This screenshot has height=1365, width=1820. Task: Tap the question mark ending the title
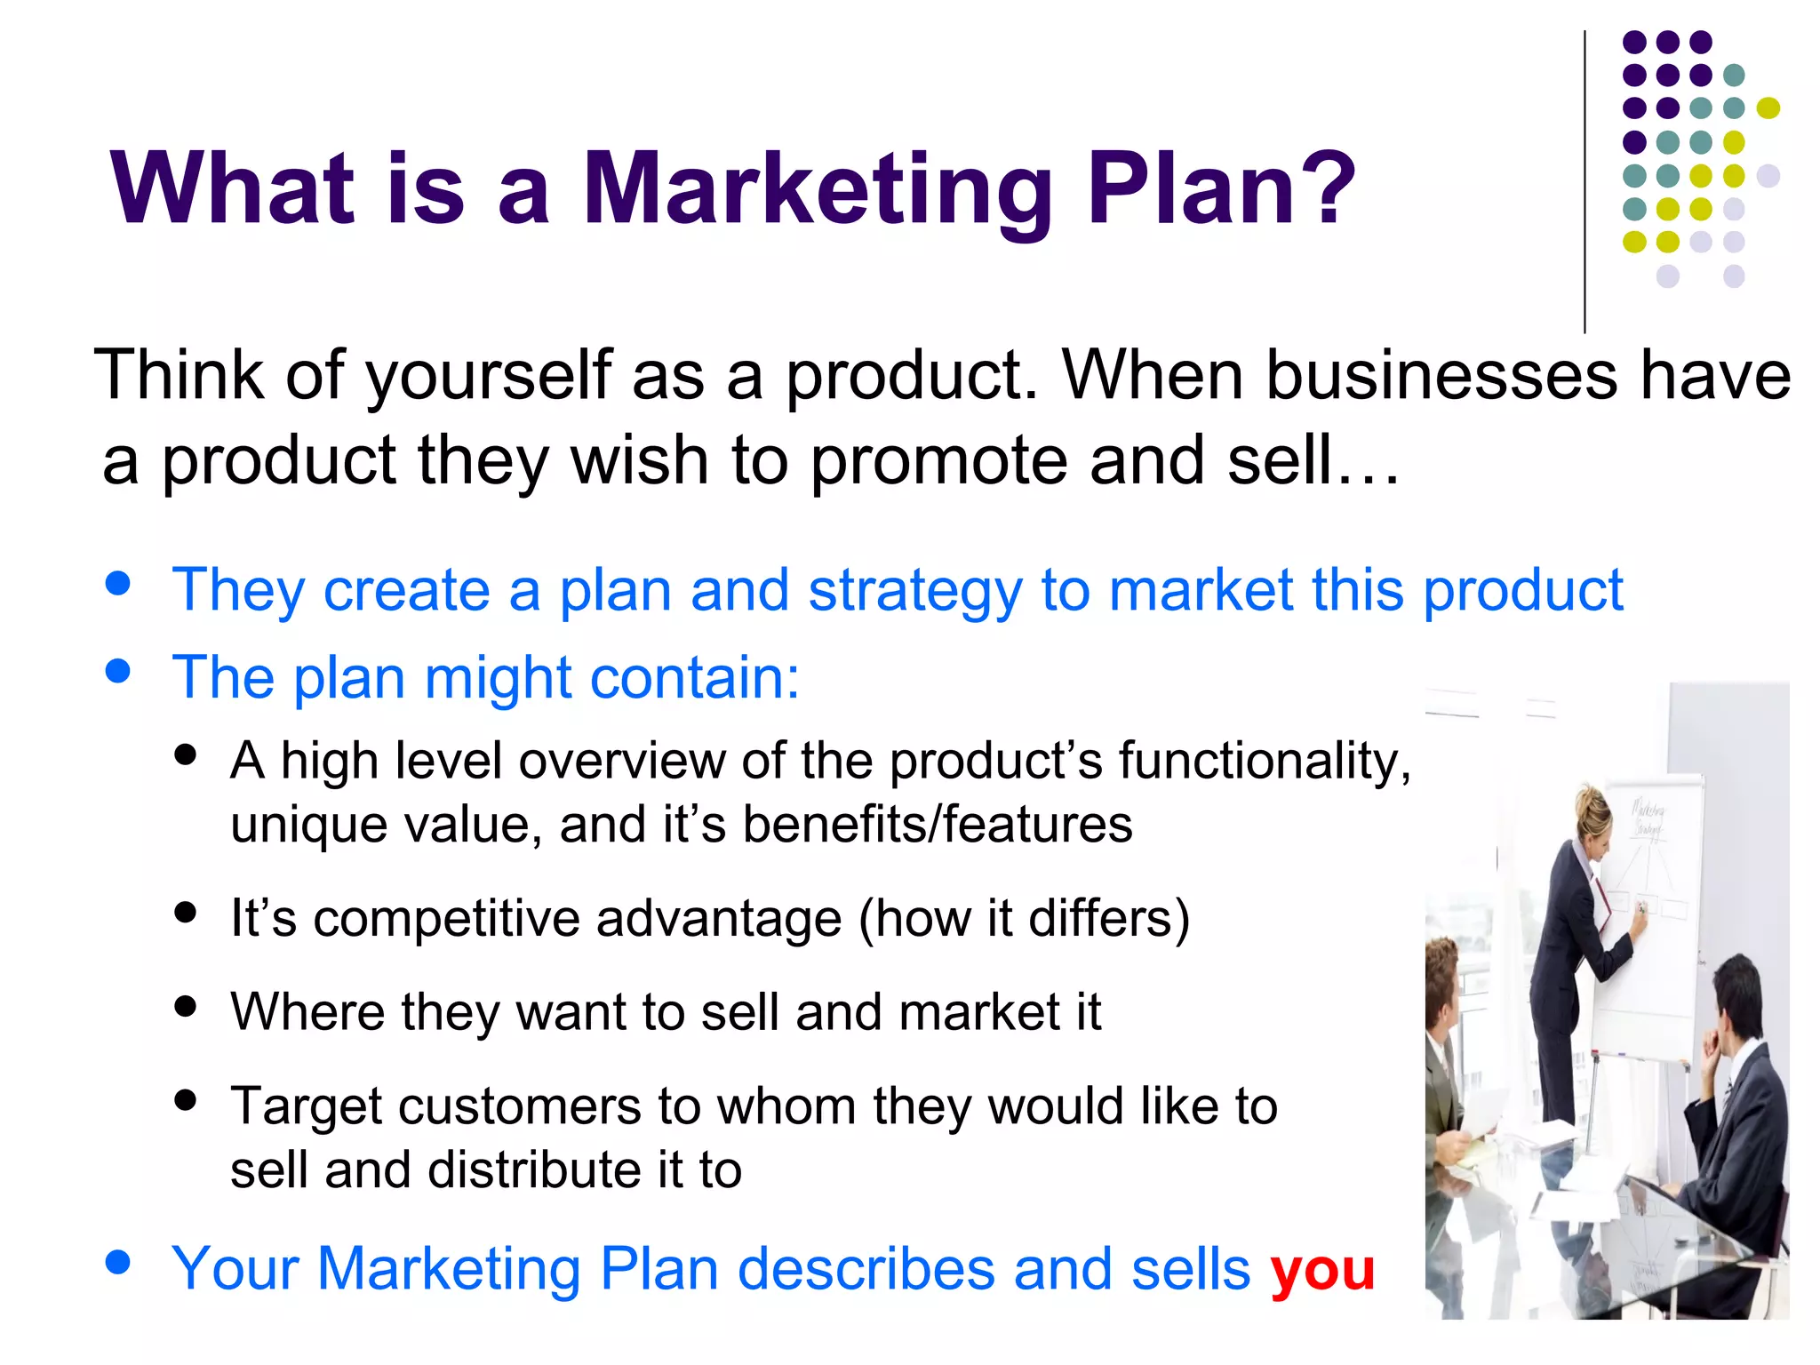pyautogui.click(x=1323, y=188)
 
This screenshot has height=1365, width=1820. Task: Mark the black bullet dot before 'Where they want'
pyautogui.click(x=186, y=1006)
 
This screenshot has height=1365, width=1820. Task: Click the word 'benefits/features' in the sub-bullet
pyautogui.click(x=938, y=825)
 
